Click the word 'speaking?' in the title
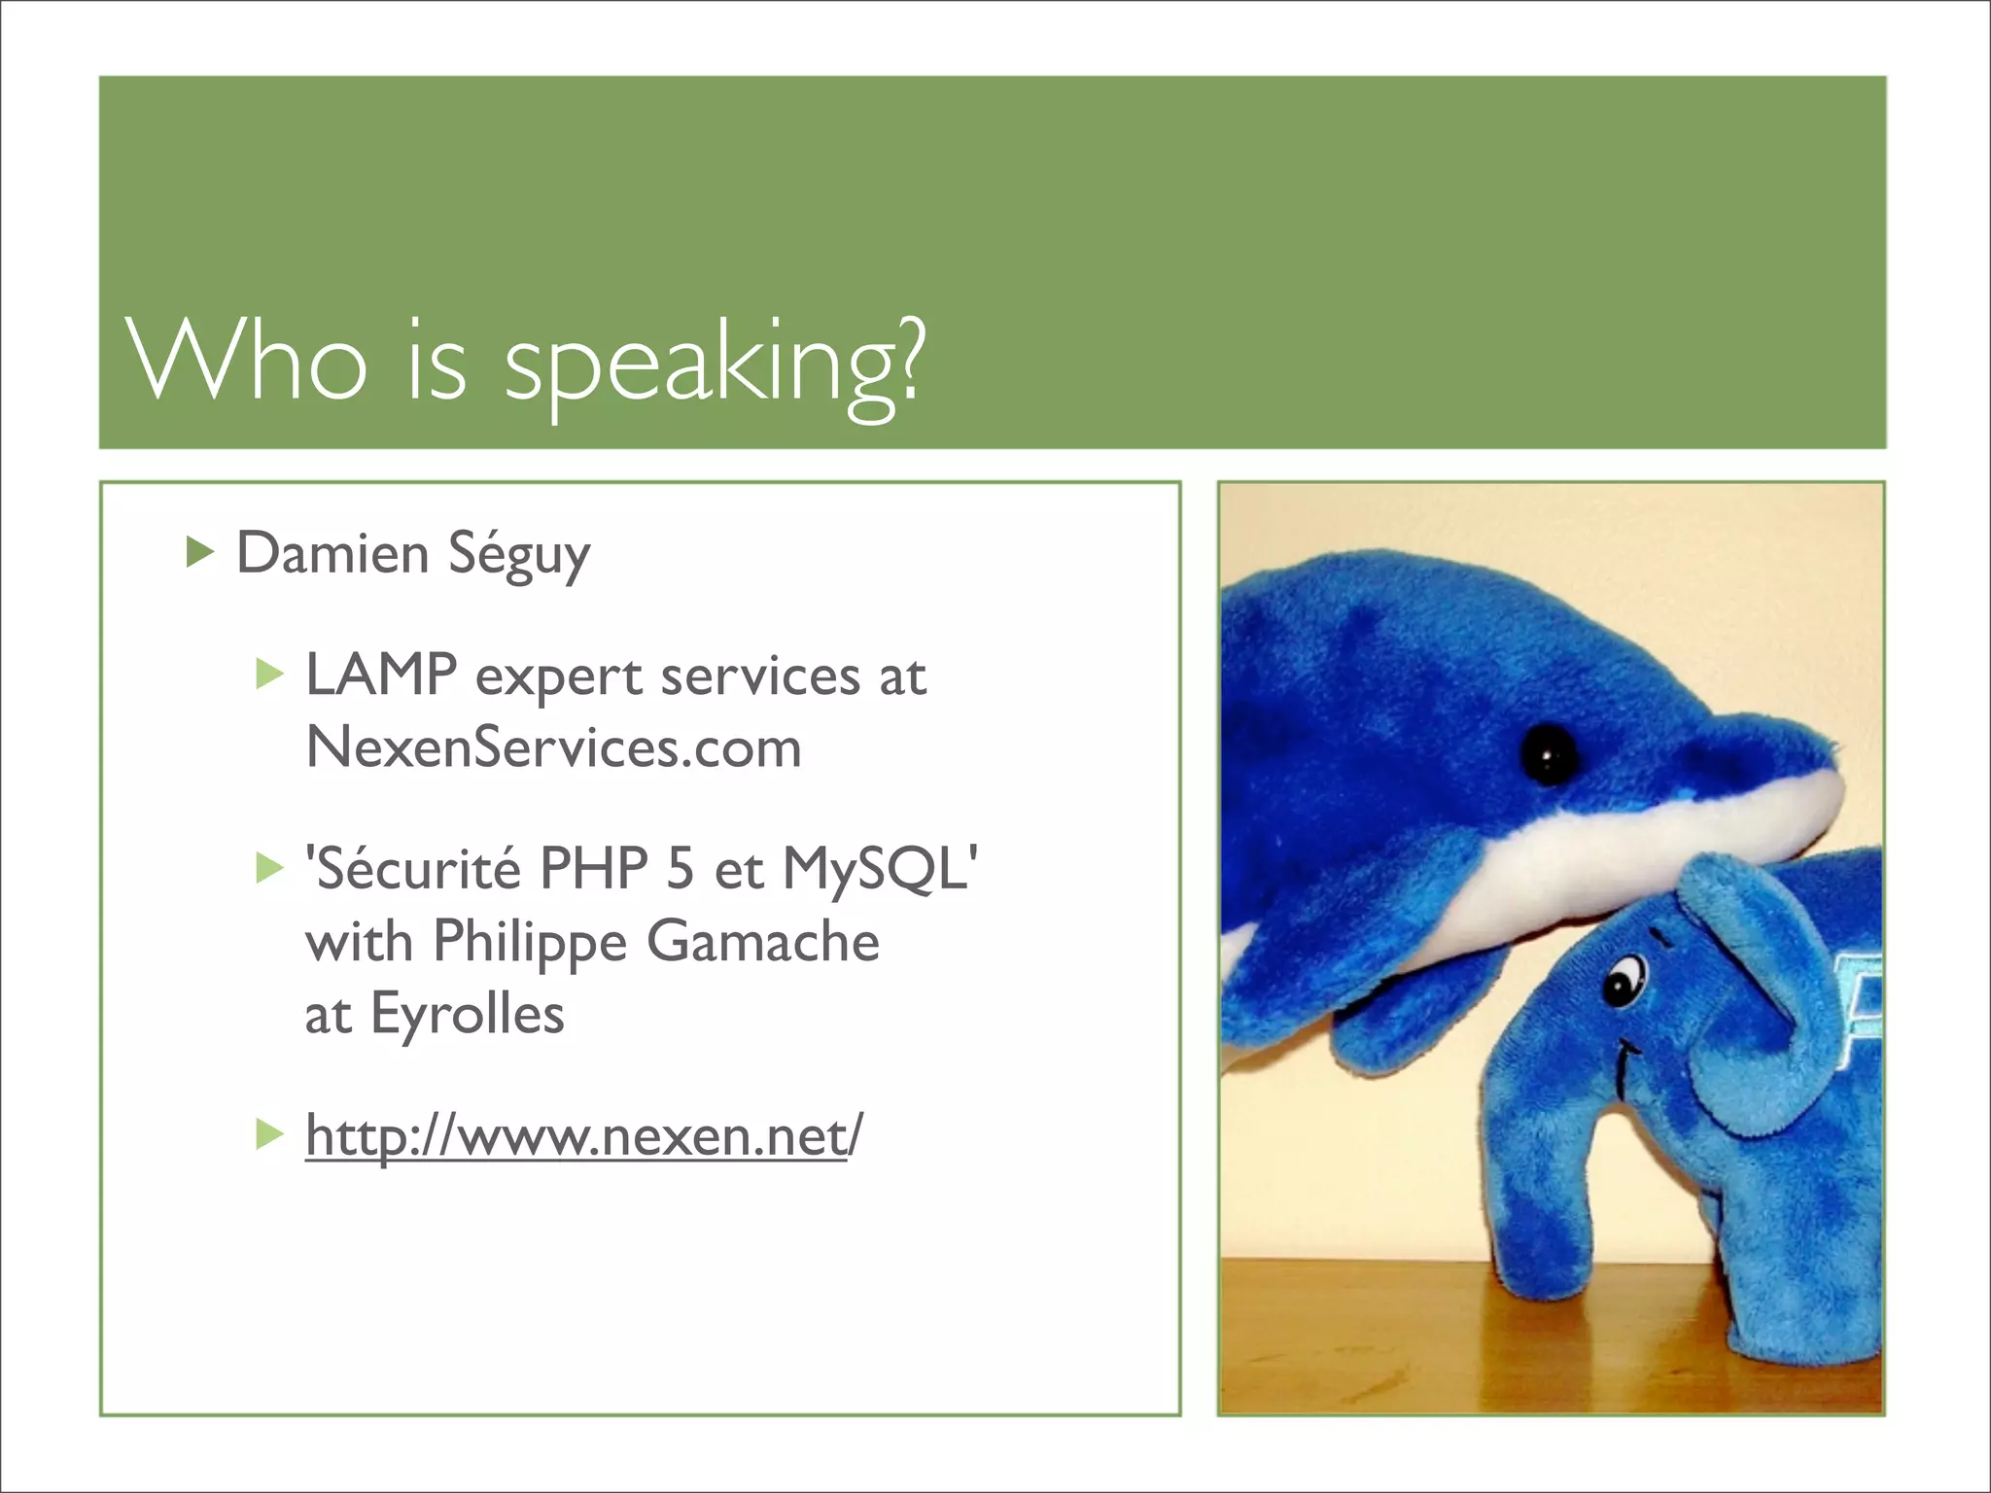tap(715, 365)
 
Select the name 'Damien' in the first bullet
tap(332, 553)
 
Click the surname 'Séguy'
tap(518, 555)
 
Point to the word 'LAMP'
tap(380, 675)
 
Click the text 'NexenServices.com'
tap(553, 747)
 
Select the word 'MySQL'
tap(874, 868)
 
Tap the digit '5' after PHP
tap(680, 868)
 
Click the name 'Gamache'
tap(763, 941)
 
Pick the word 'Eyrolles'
tap(467, 1014)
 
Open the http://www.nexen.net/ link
tap(582, 1135)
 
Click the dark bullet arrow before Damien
tap(199, 552)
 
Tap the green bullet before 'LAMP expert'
tap(268, 674)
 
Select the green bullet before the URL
tap(268, 1134)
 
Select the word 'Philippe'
tap(530, 941)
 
